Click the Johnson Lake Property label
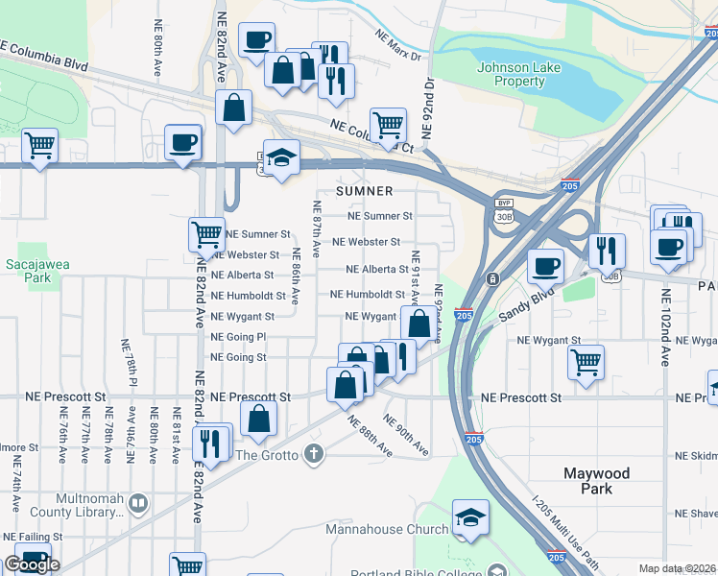point(512,74)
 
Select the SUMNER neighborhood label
point(365,191)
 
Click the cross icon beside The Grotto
point(313,453)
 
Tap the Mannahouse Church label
point(387,529)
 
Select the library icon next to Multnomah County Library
point(138,503)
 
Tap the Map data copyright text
point(678,568)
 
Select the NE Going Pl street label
point(238,337)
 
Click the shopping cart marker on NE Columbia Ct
point(388,124)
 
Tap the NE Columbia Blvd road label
point(44,55)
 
